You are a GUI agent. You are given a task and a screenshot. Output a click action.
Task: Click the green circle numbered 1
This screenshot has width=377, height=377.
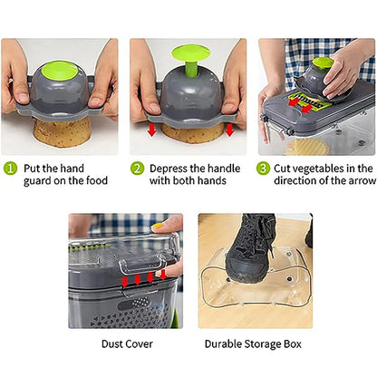click(10, 169)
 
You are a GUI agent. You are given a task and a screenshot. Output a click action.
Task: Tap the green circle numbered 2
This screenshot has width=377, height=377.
click(137, 169)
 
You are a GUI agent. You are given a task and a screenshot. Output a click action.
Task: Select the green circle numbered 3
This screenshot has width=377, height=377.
click(263, 169)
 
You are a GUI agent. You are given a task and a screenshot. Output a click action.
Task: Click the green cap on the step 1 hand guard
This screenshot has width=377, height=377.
click(59, 73)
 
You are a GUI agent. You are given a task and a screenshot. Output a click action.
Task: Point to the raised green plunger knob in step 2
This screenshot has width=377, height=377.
click(190, 61)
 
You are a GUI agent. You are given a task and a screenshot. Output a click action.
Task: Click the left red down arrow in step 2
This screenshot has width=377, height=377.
click(152, 130)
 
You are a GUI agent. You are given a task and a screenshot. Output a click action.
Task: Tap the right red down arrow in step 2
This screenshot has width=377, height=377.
click(229, 130)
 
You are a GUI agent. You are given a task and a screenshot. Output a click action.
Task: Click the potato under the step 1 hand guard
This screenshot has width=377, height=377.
click(62, 132)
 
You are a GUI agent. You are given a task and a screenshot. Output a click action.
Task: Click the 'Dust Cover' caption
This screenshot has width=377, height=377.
click(127, 344)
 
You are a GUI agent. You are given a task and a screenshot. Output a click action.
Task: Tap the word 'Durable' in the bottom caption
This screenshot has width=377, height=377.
click(223, 344)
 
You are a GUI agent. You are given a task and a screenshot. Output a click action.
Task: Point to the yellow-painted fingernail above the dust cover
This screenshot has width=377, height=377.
click(157, 226)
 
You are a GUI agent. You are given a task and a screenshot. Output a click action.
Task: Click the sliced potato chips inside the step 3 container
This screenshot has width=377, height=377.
click(306, 148)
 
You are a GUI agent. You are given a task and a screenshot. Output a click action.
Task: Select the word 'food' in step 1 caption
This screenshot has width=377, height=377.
click(97, 180)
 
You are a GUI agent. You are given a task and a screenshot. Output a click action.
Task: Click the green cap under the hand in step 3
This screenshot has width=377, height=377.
click(323, 62)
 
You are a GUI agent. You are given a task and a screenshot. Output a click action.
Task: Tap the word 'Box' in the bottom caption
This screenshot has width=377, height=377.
click(292, 344)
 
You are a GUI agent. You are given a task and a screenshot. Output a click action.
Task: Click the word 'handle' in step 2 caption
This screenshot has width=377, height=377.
click(224, 169)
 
